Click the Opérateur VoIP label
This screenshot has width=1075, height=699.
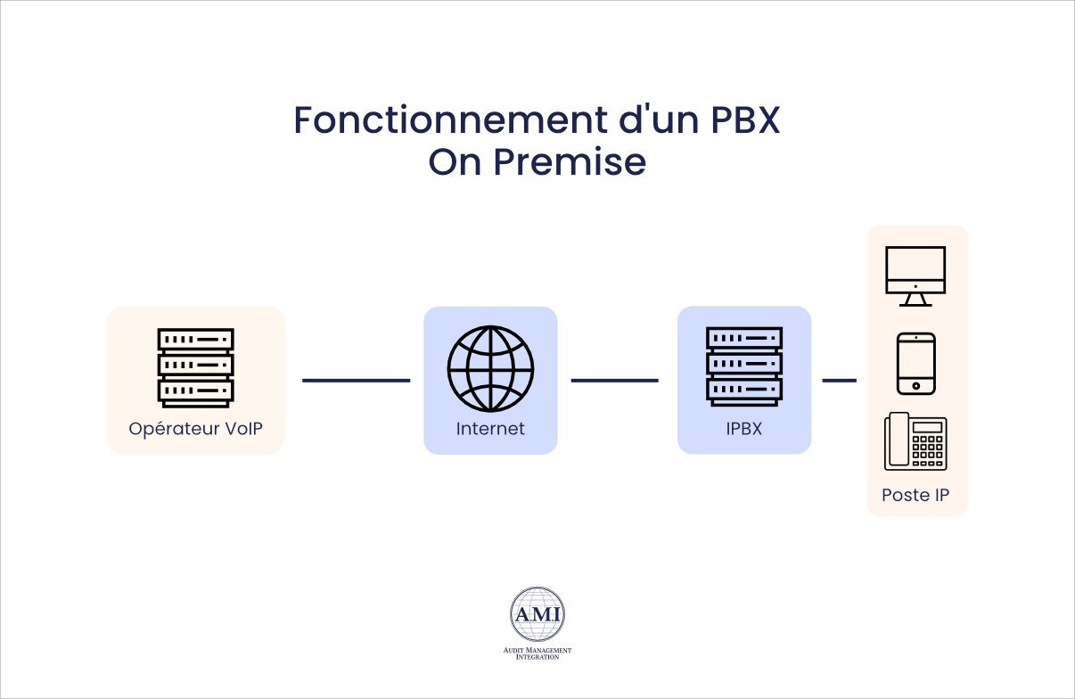[195, 429]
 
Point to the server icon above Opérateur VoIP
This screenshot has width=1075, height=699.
[195, 366]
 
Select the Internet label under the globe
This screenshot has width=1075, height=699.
[490, 429]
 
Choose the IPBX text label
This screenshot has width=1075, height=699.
[744, 429]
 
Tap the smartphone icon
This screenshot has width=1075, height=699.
[915, 363]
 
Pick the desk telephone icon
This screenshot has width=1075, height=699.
[915, 441]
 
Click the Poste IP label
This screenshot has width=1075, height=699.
[915, 495]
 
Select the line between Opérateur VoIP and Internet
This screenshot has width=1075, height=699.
[356, 381]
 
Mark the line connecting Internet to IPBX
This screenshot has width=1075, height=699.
[614, 381]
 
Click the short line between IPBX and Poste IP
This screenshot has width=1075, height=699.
[839, 381]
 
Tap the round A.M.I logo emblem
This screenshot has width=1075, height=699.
[537, 614]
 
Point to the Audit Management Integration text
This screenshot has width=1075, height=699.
[537, 654]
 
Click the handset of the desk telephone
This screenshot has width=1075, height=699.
[897, 440]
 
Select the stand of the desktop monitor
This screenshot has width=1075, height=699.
[915, 300]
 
